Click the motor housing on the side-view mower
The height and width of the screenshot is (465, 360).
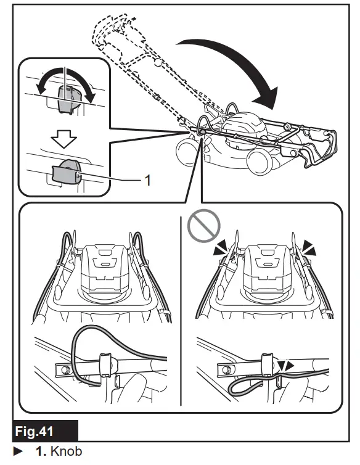coord(247,123)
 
